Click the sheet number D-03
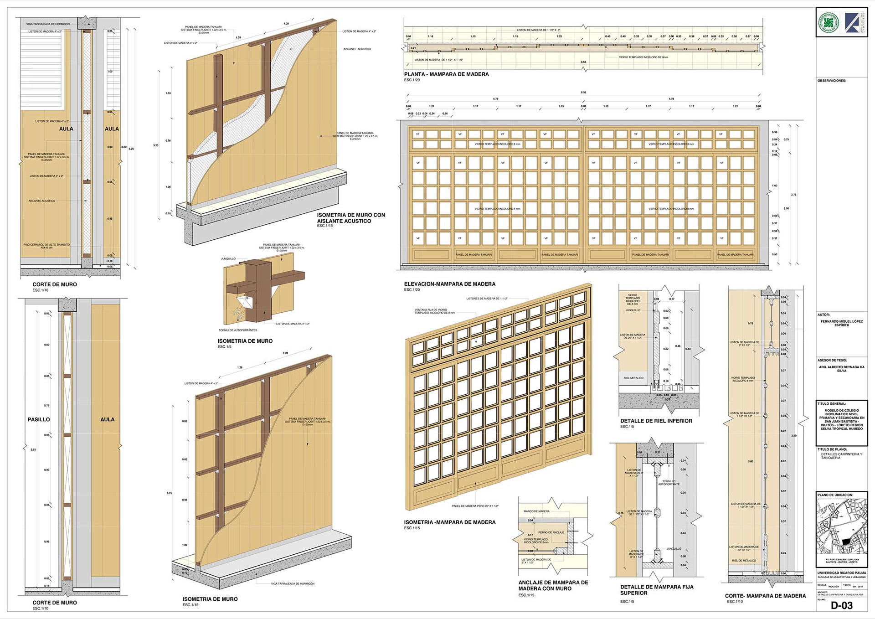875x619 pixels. [x=841, y=605]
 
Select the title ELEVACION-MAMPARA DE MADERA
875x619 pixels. [x=449, y=284]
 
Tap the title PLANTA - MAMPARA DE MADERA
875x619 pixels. [x=446, y=74]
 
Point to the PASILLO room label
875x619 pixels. [x=39, y=419]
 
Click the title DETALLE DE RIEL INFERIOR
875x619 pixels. [x=656, y=421]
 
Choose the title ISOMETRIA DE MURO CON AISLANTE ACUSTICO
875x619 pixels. [x=351, y=218]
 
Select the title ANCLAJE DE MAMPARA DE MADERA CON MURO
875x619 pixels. [x=553, y=585]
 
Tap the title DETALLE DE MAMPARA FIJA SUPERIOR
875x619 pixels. [x=656, y=590]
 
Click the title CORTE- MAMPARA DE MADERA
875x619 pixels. [x=765, y=596]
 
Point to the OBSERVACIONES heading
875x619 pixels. [x=831, y=81]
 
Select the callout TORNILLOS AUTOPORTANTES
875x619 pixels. [x=238, y=330]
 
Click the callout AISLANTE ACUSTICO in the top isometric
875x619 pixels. [x=357, y=49]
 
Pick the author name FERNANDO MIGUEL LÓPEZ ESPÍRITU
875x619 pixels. [x=841, y=323]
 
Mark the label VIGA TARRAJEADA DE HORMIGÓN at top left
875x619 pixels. [x=48, y=24]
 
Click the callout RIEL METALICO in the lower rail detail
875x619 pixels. [x=633, y=378]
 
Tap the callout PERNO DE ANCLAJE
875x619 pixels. [x=551, y=532]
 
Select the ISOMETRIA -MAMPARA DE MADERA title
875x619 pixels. [x=449, y=522]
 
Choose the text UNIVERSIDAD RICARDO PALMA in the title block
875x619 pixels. [x=841, y=573]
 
